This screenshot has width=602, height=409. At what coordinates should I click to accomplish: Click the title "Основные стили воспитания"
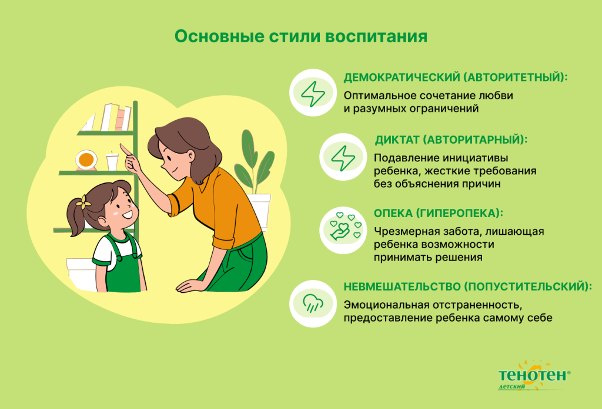click(x=300, y=36)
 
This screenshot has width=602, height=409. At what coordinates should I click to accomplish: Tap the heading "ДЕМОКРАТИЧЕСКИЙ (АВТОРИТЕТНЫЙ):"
click(x=456, y=77)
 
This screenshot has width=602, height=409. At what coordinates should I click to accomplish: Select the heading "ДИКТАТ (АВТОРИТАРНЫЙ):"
click(x=451, y=140)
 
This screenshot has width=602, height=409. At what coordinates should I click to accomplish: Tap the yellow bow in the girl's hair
click(x=83, y=203)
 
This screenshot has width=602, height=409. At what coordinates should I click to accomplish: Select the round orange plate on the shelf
click(x=86, y=158)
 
